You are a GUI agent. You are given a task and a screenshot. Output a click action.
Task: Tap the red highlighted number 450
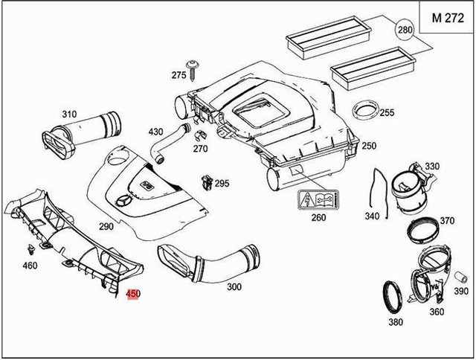pos(133,294)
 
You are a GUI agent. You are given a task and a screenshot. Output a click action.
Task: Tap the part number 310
pos(69,114)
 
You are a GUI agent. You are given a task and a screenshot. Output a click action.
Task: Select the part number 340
pos(372,216)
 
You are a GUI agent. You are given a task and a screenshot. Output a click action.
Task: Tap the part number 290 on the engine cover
pos(106,225)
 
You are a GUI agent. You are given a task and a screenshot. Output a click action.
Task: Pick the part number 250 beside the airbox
pos(369,146)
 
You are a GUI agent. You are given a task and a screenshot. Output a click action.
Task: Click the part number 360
pos(437,312)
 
